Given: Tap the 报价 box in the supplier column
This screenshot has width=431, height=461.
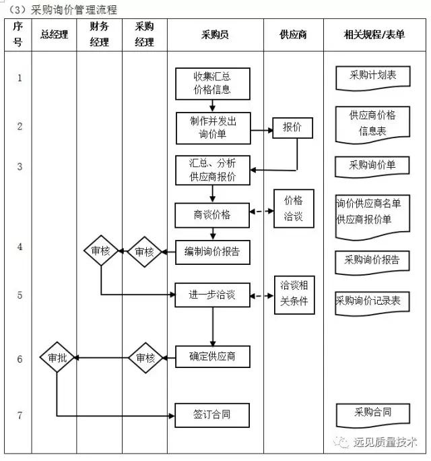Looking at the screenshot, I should click(x=292, y=127).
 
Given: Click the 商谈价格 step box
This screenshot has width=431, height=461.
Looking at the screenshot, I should click(x=212, y=215).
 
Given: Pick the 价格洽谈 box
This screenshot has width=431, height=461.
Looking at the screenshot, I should click(x=293, y=208).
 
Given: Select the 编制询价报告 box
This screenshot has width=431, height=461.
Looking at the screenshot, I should click(x=212, y=252).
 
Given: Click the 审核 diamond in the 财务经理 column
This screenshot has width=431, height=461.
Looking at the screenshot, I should click(x=100, y=251).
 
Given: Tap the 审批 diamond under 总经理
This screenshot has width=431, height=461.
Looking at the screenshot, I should click(x=57, y=358).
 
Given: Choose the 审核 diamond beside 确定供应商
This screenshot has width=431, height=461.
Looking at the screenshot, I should click(x=145, y=358).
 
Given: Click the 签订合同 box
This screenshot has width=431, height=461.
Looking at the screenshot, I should click(x=212, y=414).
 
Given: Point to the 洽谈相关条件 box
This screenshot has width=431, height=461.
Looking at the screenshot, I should click(x=294, y=293).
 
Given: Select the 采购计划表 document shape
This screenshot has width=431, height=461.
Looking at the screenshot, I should click(x=372, y=76).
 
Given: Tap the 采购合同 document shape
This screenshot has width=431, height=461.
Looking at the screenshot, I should click(x=372, y=412).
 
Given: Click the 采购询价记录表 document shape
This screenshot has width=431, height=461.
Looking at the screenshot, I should click(x=372, y=301).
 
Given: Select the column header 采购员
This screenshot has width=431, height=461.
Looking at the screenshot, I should click(x=215, y=34).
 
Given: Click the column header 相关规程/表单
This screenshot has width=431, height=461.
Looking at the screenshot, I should click(x=374, y=34).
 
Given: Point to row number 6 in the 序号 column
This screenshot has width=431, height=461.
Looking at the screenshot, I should click(x=20, y=359).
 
